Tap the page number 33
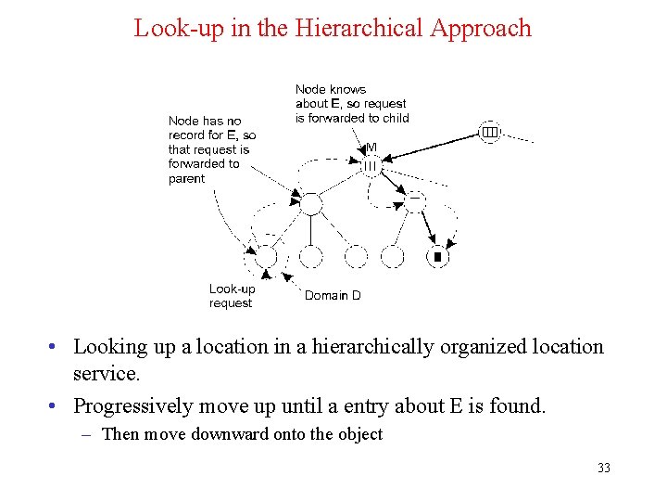click(604, 468)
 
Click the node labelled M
click(371, 166)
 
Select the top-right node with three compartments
click(489, 133)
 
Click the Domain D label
click(333, 295)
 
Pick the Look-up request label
click(232, 296)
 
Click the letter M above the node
click(371, 148)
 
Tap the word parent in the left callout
click(187, 179)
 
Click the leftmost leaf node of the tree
click(266, 256)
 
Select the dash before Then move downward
click(90, 434)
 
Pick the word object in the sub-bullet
click(357, 434)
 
